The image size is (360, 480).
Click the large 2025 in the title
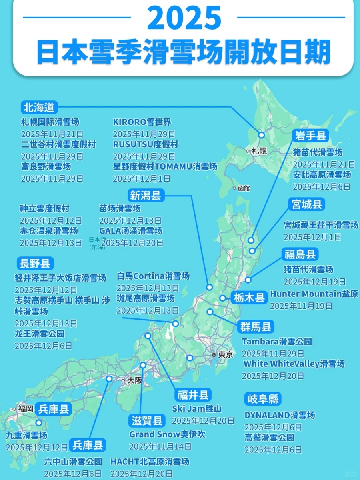point(184,17)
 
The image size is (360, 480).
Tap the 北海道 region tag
point(40,107)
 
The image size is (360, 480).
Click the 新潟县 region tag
point(145,196)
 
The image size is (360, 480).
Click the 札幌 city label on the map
point(259,151)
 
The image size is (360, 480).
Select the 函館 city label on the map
point(243,188)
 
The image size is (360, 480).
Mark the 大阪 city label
point(134,380)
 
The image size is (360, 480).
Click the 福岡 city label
point(26,409)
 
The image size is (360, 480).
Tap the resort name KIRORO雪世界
point(142,122)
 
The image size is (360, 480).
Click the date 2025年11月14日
point(160,446)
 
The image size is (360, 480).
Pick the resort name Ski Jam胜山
point(197,409)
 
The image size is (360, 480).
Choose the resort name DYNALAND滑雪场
point(280,415)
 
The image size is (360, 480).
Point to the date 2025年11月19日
point(301,306)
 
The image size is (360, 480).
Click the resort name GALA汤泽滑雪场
point(131,231)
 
